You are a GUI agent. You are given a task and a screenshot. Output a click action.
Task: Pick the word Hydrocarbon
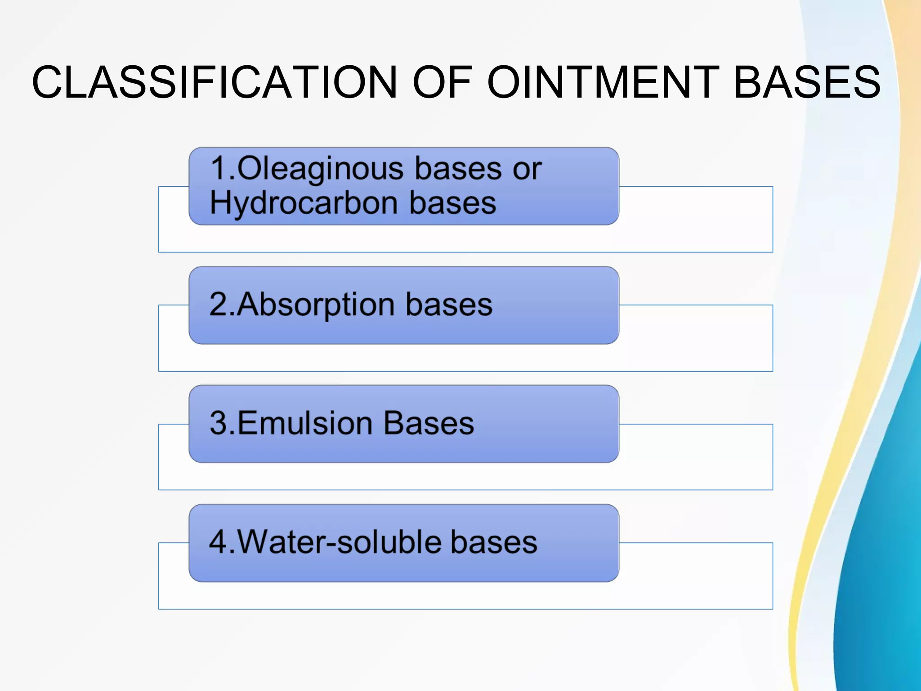point(303,203)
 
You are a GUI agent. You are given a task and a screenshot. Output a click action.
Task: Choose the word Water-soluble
point(337,542)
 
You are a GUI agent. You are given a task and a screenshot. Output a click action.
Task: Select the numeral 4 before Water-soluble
point(219,542)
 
